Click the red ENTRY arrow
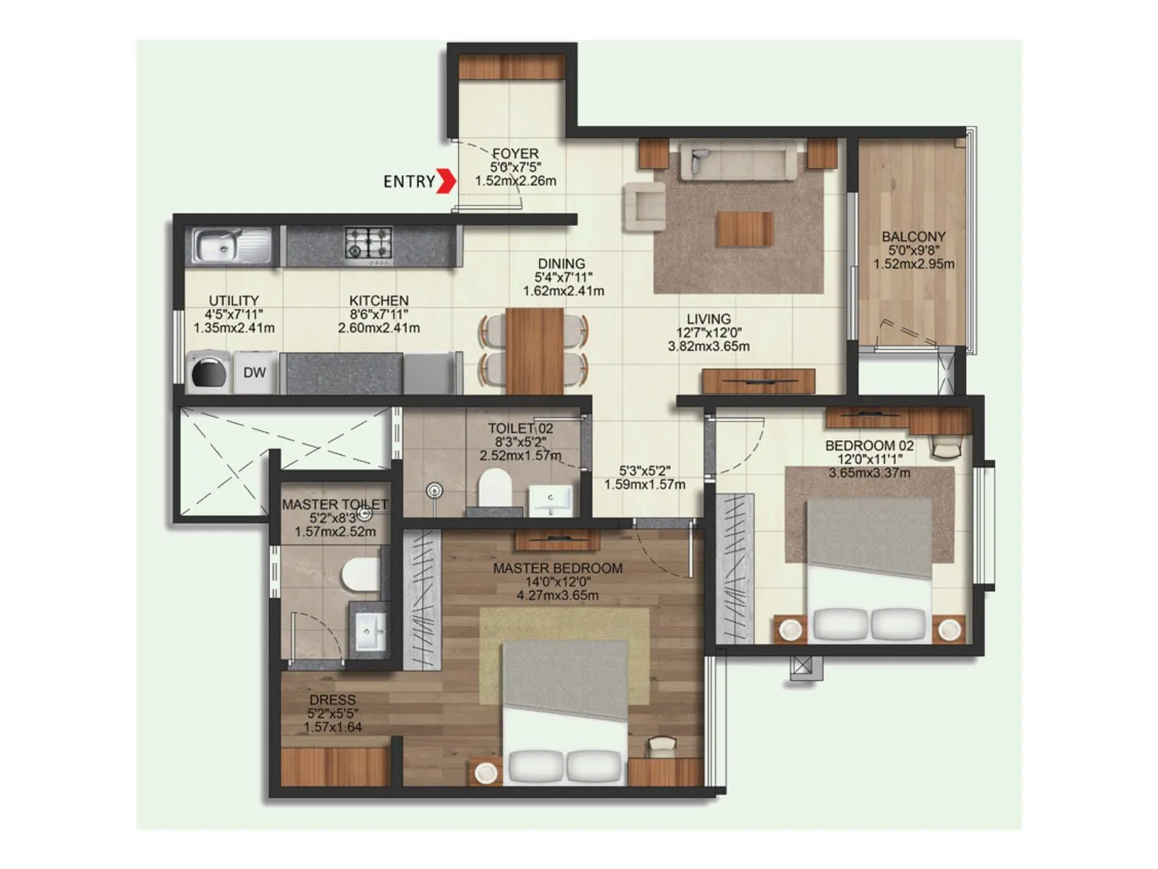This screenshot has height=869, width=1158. (447, 181)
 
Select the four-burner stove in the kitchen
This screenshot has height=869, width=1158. (368, 243)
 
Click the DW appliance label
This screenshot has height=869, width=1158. (254, 373)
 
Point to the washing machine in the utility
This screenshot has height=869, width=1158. (208, 373)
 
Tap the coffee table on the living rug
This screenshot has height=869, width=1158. (745, 229)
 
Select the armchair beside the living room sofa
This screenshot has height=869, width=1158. (644, 206)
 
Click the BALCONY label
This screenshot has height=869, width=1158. (913, 237)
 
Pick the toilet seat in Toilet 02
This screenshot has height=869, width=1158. (495, 486)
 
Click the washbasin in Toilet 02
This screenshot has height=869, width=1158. (551, 500)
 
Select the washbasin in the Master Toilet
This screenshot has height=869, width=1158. (370, 631)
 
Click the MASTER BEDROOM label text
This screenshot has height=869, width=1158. (557, 568)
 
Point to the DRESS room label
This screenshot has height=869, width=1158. (332, 700)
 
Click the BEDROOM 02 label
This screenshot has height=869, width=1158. (869, 446)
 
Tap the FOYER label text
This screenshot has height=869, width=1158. (515, 154)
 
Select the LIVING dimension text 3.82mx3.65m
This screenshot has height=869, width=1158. (709, 347)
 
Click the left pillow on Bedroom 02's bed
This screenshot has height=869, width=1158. (840, 623)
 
